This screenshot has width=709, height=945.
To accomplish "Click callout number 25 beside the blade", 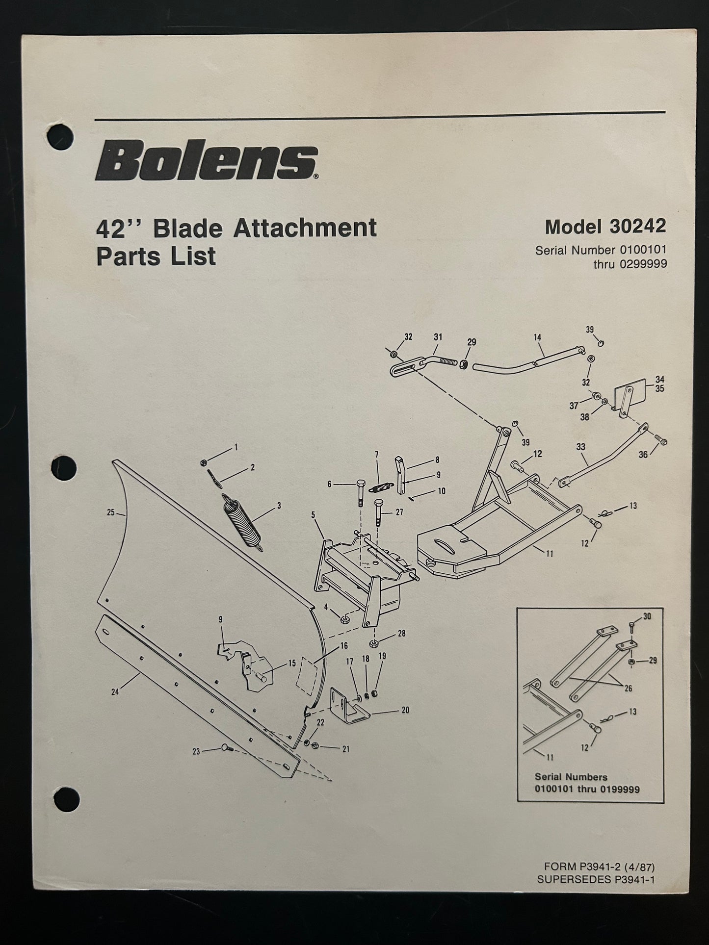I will click(111, 512).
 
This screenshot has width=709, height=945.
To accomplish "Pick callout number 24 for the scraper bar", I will click(115, 692).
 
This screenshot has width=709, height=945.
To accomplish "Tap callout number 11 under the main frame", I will click(550, 554).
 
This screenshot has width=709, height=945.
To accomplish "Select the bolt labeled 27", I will click(378, 512).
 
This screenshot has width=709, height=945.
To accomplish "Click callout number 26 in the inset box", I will click(628, 689).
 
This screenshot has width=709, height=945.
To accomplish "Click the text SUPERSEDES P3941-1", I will click(596, 879).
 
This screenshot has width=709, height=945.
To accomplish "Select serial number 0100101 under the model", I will click(643, 250).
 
